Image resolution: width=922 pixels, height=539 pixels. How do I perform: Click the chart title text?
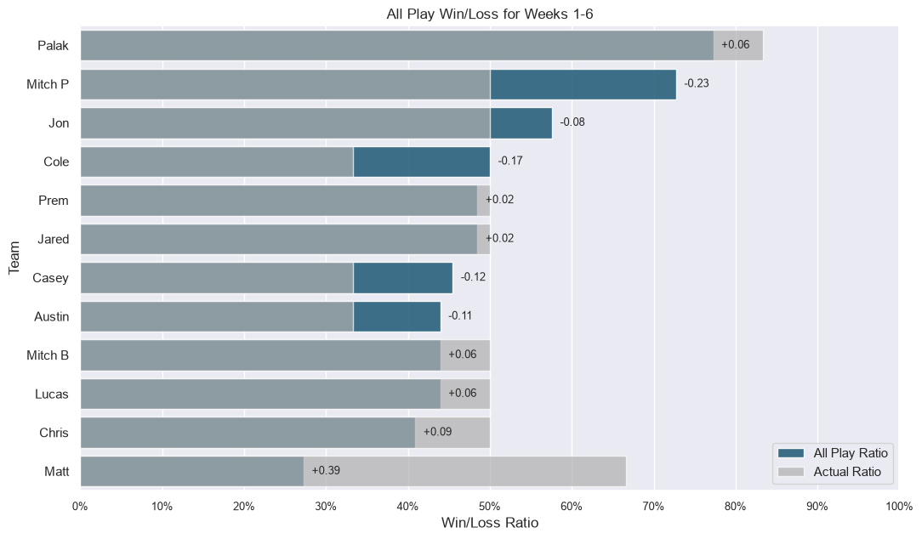tap(490, 14)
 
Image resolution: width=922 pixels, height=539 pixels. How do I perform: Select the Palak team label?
tap(53, 46)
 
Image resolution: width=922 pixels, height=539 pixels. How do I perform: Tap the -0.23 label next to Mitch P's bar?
tap(697, 83)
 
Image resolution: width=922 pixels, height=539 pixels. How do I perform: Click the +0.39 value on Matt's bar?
tap(326, 471)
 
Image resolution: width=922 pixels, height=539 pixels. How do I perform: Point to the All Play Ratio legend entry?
tap(833, 453)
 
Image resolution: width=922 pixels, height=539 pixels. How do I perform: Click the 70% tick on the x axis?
tap(653, 507)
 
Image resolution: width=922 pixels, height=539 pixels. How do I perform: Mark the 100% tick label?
tap(899, 507)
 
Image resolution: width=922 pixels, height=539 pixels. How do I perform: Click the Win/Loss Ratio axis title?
tap(490, 523)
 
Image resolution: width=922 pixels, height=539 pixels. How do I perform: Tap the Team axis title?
tap(14, 258)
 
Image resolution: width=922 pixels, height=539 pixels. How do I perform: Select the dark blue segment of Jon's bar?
tap(521, 123)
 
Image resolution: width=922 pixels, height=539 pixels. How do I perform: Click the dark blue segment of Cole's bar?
tap(422, 162)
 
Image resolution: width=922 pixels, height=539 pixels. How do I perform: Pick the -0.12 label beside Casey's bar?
tap(473, 277)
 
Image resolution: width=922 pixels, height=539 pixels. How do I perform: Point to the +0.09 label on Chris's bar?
tap(437, 432)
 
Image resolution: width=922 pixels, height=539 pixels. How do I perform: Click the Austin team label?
tap(52, 317)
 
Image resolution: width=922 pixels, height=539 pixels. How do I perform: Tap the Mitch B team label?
tap(48, 355)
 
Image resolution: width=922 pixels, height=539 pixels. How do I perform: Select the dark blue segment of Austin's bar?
tap(397, 317)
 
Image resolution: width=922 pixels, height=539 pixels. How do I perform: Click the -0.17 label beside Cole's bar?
tap(510, 161)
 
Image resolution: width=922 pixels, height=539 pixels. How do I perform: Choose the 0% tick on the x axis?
tap(80, 507)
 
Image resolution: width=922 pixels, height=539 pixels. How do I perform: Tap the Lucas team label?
tap(52, 394)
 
